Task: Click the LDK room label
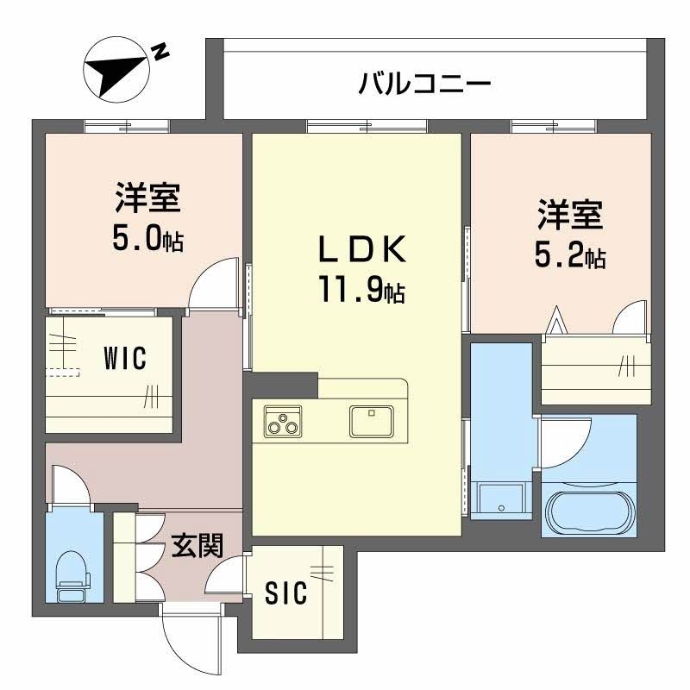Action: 362,251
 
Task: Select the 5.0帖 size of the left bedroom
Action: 147,239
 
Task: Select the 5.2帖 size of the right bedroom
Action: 570,254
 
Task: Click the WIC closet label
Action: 125,356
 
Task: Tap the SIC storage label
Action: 285,593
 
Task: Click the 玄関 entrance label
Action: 197,546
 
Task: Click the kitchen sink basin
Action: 371,421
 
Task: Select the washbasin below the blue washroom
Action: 500,499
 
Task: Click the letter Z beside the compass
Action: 160,51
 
